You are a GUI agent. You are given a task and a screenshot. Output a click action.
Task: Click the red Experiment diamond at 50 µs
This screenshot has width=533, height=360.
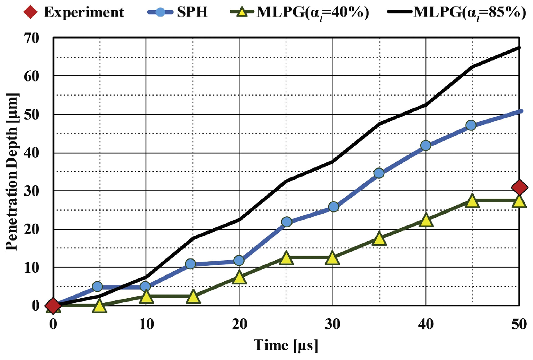519,187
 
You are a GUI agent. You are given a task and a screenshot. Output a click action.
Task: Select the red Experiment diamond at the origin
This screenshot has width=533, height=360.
53,306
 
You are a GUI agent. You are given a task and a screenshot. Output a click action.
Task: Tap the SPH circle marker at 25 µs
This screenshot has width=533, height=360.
286,222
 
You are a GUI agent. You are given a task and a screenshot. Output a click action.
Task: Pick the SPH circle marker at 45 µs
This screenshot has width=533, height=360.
471,125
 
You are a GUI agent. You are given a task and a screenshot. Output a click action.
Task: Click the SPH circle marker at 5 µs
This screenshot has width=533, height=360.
97,286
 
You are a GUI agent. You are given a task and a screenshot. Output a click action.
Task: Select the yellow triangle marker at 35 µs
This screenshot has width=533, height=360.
379,239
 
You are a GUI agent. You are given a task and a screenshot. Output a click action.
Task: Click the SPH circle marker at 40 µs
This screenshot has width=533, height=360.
426,146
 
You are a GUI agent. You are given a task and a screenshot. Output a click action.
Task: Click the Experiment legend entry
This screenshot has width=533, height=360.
74,12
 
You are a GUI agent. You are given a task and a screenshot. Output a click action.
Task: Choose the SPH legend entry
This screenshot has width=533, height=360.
178,12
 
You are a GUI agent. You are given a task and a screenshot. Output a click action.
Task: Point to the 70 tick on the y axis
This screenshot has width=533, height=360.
31,38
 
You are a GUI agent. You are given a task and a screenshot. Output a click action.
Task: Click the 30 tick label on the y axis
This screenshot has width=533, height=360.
31,191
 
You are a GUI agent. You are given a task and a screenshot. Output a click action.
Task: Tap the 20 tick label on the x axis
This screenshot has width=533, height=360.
239,324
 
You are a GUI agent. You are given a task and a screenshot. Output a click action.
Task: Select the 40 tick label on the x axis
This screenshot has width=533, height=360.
426,324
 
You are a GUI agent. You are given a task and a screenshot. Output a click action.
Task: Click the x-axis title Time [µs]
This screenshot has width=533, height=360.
286,345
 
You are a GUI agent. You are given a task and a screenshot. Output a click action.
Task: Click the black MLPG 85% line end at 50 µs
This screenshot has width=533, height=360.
519,48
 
